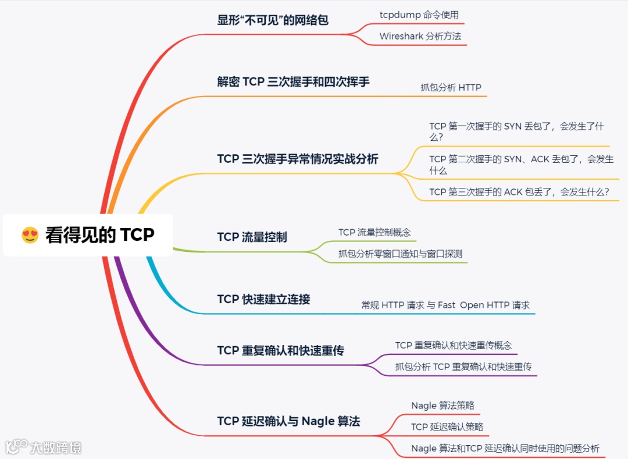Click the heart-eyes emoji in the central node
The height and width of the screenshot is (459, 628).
(30, 235)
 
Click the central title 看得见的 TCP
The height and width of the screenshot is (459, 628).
(99, 235)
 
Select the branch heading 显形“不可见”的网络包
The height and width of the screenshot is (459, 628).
(273, 20)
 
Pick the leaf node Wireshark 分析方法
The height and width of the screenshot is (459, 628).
(420, 36)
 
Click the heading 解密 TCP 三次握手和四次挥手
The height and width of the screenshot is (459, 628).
(293, 82)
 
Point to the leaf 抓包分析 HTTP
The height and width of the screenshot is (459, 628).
(451, 87)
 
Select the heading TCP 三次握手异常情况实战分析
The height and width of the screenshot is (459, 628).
(297, 159)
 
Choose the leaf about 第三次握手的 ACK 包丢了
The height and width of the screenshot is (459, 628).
(519, 192)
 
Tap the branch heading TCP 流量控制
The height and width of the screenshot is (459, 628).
(252, 237)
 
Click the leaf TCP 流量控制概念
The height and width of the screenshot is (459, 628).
(374, 232)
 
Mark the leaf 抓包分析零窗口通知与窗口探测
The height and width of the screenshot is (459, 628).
(400, 254)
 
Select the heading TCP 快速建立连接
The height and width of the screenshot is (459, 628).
(263, 300)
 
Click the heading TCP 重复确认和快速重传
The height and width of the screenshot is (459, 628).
(280, 351)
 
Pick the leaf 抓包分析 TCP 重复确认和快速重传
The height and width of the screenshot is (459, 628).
(463, 367)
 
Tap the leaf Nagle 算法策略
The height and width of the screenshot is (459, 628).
(443, 405)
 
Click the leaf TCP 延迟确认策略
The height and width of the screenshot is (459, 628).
(447, 427)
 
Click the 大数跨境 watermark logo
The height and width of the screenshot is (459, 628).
(44, 447)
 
